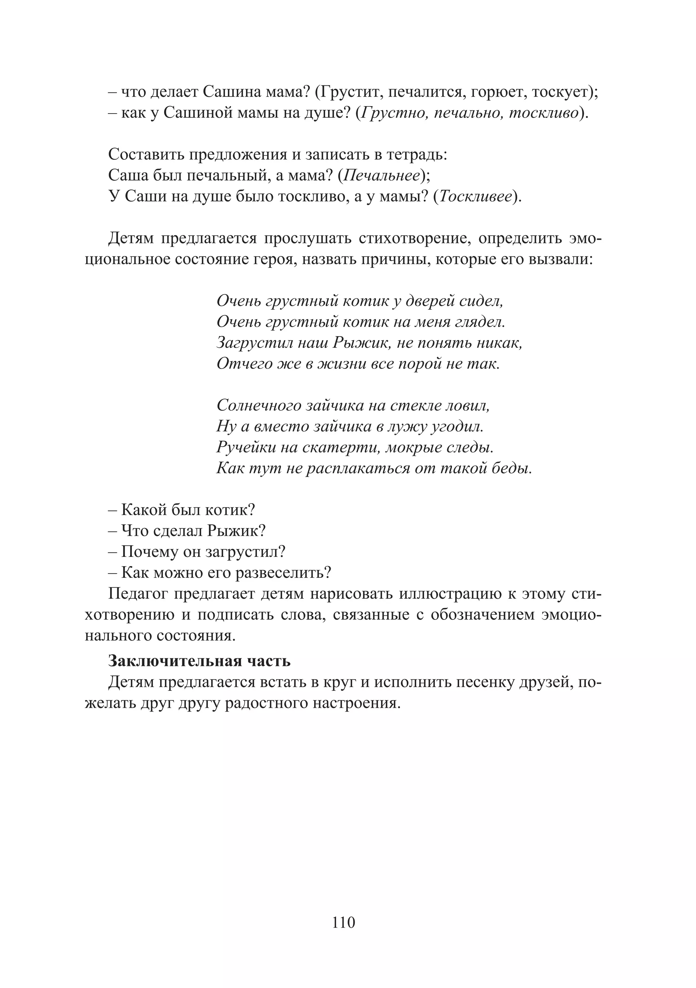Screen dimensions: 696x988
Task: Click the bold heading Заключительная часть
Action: (x=199, y=661)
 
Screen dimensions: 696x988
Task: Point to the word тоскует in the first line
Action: (x=560, y=92)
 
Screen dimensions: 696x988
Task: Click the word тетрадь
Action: (x=416, y=154)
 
